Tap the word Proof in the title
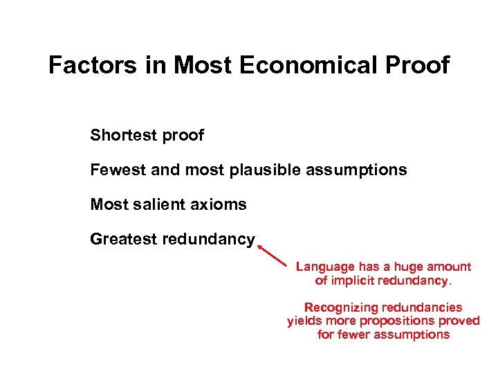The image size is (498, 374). (x=416, y=65)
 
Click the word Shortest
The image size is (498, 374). (x=124, y=135)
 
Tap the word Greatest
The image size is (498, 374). (x=123, y=240)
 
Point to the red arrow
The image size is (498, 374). (x=271, y=254)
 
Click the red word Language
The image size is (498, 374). (x=325, y=267)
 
